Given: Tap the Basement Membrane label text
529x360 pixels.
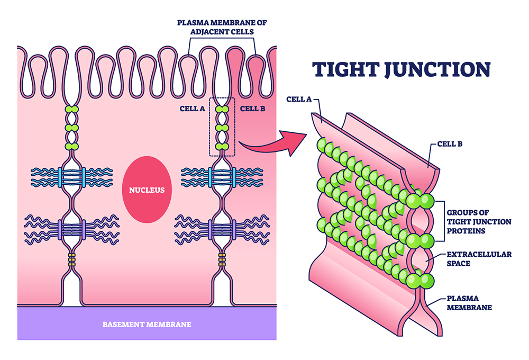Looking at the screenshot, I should pyautogui.click(x=147, y=323).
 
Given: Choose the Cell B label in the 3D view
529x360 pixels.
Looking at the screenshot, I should pyautogui.click(x=450, y=143).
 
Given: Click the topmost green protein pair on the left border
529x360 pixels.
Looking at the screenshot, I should pyautogui.click(x=71, y=110).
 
